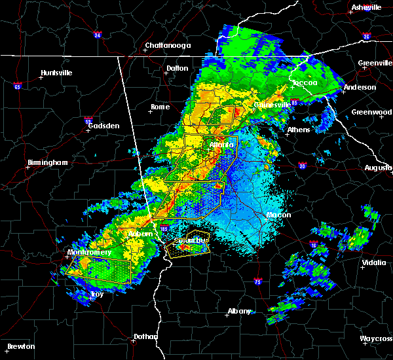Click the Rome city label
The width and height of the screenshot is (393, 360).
pos(160,107)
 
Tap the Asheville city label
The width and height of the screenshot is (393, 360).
pos(366,7)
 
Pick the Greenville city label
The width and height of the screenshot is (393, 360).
pos(375,63)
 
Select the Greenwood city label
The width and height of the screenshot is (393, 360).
pos(371,112)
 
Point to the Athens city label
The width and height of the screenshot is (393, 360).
pos(299,130)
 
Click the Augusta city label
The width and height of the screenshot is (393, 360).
pos(378,168)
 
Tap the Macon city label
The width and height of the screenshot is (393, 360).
pos(278,215)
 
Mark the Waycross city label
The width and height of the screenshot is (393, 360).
pos(376,338)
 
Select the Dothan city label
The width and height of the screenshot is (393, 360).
pos(145,336)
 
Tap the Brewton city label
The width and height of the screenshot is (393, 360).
pos(22,346)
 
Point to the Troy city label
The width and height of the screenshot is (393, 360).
pos(97,294)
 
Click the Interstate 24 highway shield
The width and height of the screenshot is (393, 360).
pos(96,35)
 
